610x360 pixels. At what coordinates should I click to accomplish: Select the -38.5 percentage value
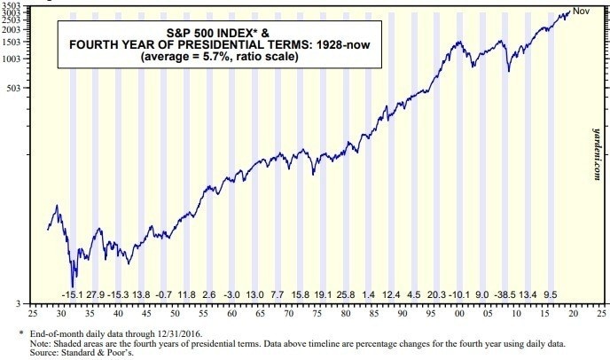pos(505,294)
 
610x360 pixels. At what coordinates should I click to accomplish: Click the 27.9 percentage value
pos(96,294)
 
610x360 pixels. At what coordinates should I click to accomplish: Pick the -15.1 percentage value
pos(72,294)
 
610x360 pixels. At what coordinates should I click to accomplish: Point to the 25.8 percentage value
pos(346,294)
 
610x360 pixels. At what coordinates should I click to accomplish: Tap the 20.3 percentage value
pos(436,294)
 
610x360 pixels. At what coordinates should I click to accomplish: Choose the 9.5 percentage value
pos(550,294)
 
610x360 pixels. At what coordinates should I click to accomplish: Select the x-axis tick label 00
pos(459,315)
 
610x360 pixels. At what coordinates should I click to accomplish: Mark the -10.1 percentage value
pos(459,294)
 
